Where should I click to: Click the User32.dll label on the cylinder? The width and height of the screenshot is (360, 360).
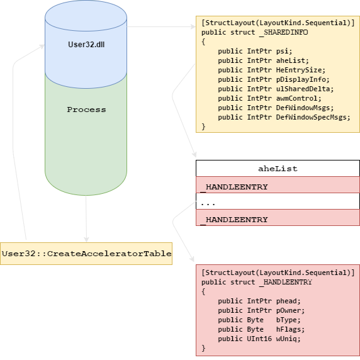click(x=86, y=44)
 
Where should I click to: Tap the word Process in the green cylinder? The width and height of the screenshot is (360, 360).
click(x=86, y=110)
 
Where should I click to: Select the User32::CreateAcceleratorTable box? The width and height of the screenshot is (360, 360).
click(x=86, y=254)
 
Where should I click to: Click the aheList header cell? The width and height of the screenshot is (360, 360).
click(x=278, y=168)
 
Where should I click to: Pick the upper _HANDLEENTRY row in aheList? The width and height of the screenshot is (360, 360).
click(x=278, y=185)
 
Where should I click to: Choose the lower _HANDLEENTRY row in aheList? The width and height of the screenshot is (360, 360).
click(x=278, y=217)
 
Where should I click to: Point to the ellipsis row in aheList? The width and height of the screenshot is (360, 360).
click(x=278, y=201)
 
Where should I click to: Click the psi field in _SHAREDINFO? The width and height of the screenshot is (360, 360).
click(x=284, y=51)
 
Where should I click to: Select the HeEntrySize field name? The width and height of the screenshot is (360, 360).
click(x=301, y=70)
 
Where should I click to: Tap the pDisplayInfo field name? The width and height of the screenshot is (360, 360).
click(x=303, y=79)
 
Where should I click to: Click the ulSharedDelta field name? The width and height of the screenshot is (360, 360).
click(x=305, y=89)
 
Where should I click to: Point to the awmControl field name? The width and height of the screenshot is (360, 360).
click(x=298, y=98)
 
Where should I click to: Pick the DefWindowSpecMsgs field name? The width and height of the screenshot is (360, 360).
click(x=313, y=117)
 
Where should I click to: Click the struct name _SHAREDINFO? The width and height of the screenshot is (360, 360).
click(x=284, y=32)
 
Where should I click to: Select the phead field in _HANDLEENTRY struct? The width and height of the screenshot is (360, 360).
click(x=288, y=301)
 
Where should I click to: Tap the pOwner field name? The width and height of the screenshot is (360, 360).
click(x=290, y=310)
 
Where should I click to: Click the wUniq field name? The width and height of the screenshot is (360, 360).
click(x=288, y=339)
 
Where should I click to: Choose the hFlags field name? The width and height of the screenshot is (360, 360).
click(x=290, y=329)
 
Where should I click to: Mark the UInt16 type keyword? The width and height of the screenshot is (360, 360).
click(x=259, y=339)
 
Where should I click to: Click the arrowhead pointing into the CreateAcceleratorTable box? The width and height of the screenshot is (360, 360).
click(x=86, y=240)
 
